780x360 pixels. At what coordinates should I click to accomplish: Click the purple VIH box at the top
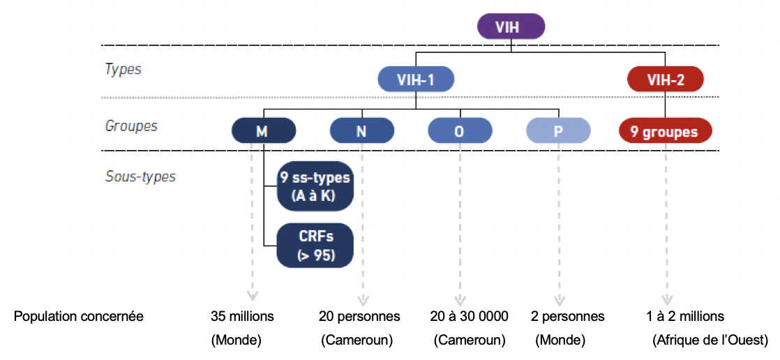pyautogui.click(x=511, y=27)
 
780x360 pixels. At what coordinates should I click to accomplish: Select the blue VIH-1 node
pyautogui.click(x=416, y=79)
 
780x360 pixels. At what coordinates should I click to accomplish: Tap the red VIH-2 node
pyautogui.click(x=666, y=79)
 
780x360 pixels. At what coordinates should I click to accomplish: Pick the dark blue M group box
pyautogui.click(x=264, y=132)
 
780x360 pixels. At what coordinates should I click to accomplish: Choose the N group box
pyautogui.click(x=361, y=132)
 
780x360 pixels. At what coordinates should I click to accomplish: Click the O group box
pyautogui.click(x=460, y=132)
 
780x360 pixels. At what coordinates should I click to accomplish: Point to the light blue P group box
pyautogui.click(x=559, y=132)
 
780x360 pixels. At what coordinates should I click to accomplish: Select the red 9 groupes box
pyautogui.click(x=666, y=132)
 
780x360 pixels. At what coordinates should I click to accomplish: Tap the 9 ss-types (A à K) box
pyautogui.click(x=315, y=186)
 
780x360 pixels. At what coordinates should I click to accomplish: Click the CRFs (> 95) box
pyautogui.click(x=315, y=245)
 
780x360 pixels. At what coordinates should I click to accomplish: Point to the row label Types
pyautogui.click(x=123, y=69)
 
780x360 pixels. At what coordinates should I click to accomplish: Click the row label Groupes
pyautogui.click(x=131, y=126)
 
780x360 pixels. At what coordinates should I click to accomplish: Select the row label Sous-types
pyautogui.click(x=140, y=177)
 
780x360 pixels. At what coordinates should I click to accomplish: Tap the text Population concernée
pyautogui.click(x=79, y=317)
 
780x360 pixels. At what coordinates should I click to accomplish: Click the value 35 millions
pyautogui.click(x=242, y=316)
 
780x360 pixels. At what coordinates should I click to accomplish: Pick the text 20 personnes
pyautogui.click(x=359, y=316)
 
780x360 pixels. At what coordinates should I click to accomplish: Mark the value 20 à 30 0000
pyautogui.click(x=470, y=316)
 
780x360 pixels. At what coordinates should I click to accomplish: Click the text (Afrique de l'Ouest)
pyautogui.click(x=707, y=340)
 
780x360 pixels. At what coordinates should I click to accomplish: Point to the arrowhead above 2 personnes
pyautogui.click(x=559, y=300)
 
